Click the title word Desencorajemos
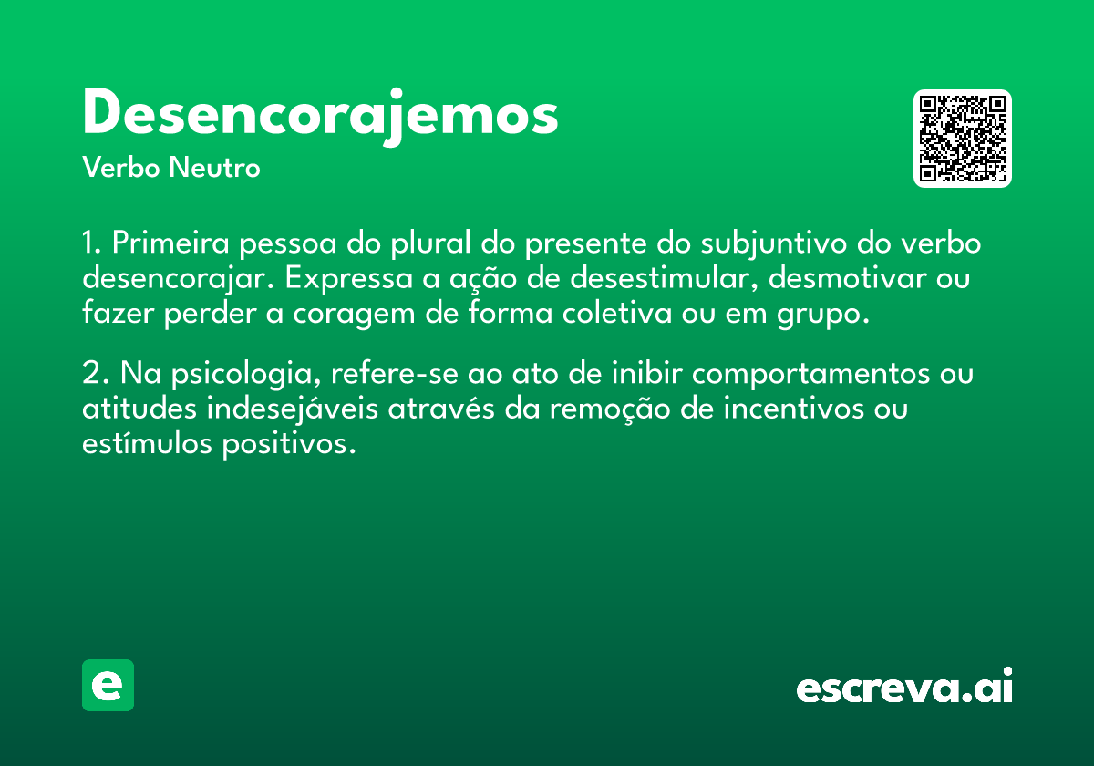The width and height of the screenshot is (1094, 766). click(320, 117)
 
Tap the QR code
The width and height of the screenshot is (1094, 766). click(962, 139)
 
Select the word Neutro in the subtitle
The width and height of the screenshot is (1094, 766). click(214, 168)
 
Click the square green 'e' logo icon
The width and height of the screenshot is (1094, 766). click(108, 685)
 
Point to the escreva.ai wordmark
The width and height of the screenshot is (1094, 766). click(904, 686)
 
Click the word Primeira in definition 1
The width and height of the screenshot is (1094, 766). click(170, 243)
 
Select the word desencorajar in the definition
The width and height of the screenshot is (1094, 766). click(177, 279)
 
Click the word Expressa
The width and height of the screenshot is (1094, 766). click(348, 279)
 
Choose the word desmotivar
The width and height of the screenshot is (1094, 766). click(847, 277)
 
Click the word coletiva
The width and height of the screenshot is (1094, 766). click(617, 313)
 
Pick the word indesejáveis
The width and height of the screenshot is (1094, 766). click(292, 409)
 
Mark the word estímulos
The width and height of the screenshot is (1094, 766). click(147, 442)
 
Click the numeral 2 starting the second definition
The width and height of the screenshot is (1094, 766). click(91, 373)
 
